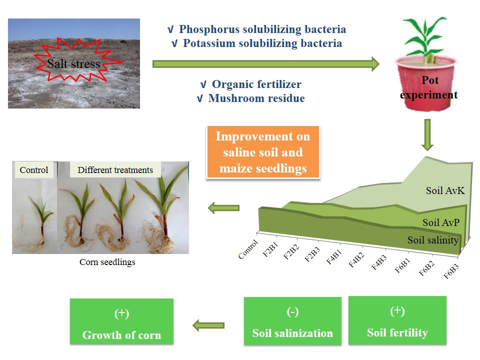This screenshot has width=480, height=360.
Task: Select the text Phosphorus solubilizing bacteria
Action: [262, 29]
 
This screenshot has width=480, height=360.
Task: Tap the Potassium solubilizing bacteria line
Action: [262, 43]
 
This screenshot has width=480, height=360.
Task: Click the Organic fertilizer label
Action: [256, 84]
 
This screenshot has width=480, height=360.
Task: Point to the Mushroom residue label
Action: [256, 98]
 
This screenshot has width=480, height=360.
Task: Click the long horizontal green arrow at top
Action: [266, 64]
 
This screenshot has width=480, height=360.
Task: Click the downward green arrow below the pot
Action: [427, 134]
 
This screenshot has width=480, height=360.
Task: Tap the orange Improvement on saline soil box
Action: [263, 152]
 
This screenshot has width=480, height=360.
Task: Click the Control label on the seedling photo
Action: [34, 170]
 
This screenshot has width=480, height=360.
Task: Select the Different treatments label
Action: [115, 170]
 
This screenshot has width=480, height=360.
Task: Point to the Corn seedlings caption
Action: [107, 262]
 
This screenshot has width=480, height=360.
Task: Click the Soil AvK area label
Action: [445, 190]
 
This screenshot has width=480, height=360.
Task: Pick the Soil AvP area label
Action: [441, 222]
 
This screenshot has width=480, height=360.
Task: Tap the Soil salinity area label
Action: [433, 240]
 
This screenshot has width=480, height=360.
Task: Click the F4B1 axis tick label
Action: [334, 256]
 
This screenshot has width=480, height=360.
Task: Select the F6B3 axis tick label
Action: [451, 271]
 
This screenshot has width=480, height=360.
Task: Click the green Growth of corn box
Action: [122, 321]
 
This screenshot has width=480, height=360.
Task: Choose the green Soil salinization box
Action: [292, 321]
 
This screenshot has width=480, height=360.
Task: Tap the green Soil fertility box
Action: [397, 320]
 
